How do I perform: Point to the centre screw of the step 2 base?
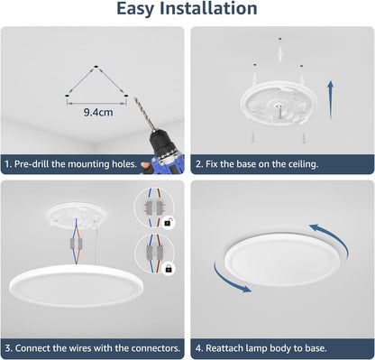277,108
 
